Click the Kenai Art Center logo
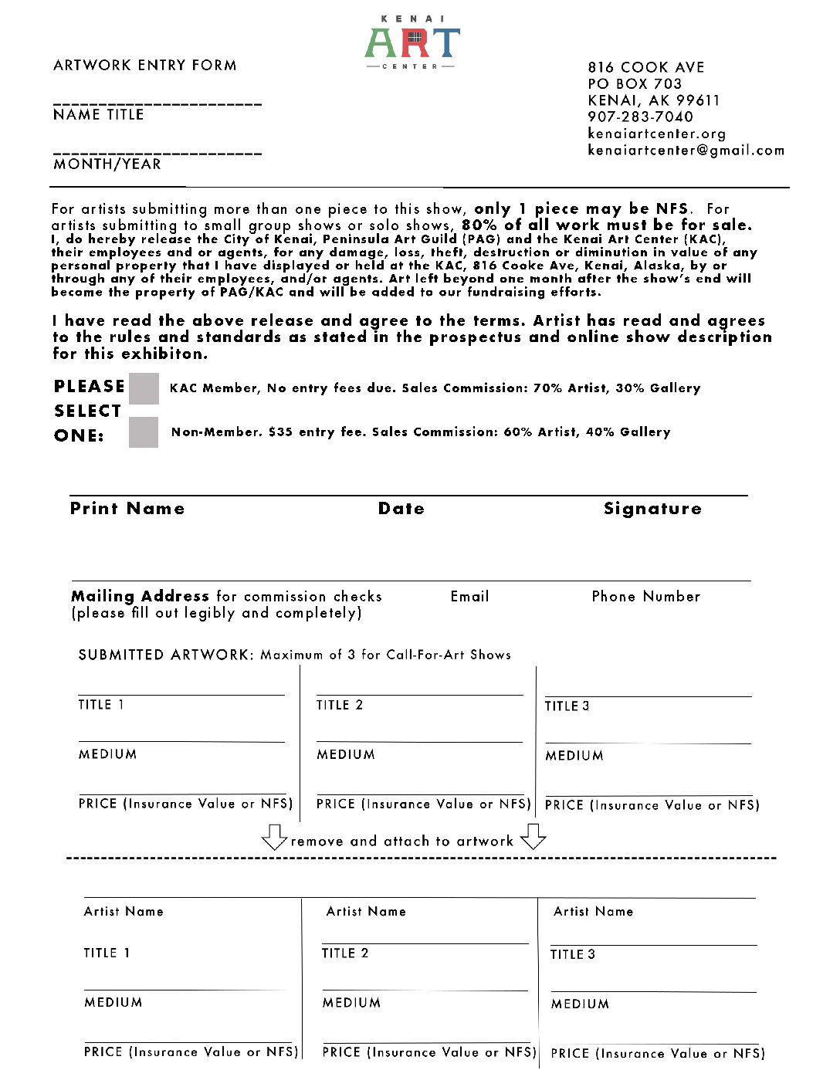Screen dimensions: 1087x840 412,43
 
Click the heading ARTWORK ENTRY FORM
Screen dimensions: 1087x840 145,66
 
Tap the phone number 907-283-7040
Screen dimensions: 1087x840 640,117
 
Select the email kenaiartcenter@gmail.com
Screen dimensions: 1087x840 686,151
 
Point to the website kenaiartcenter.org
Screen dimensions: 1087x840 656,134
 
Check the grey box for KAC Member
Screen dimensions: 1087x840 144,388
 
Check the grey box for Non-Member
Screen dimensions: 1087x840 144,432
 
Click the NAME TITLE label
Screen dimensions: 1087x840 98,115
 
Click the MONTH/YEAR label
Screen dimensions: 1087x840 107,164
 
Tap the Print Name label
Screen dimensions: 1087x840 127,509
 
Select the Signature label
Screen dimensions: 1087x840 652,509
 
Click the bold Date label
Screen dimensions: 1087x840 401,509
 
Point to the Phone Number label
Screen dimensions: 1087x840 646,597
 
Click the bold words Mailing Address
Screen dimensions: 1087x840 140,596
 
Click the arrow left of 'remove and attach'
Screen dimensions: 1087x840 274,837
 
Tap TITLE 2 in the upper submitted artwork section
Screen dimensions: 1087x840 339,705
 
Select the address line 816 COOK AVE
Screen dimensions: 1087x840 645,67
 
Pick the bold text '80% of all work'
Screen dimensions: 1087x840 533,225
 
